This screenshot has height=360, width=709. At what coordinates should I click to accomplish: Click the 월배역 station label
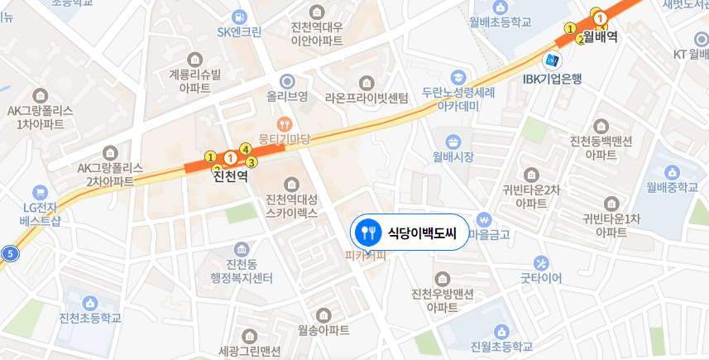(x=601, y=36)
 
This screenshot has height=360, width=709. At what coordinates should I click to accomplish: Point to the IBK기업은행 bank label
(x=553, y=79)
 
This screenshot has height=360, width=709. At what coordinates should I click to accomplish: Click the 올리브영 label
(x=287, y=97)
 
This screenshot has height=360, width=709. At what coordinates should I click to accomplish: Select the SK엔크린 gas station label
(x=239, y=33)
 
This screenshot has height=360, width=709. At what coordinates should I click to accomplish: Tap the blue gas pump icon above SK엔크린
(x=239, y=16)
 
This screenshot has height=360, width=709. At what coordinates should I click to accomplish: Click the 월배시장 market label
(x=453, y=156)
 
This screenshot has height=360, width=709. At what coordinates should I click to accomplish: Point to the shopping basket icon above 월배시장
(x=453, y=139)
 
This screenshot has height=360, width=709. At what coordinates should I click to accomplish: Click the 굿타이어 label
(x=540, y=279)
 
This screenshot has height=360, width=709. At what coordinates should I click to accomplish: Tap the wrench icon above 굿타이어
(x=540, y=262)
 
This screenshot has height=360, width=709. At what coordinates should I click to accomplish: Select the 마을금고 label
(x=489, y=235)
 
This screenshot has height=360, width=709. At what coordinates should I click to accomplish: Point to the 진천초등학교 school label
(x=90, y=318)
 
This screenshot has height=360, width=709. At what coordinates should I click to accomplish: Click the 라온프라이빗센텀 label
(x=367, y=98)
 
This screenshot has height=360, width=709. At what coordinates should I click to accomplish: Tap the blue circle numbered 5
(x=10, y=253)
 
